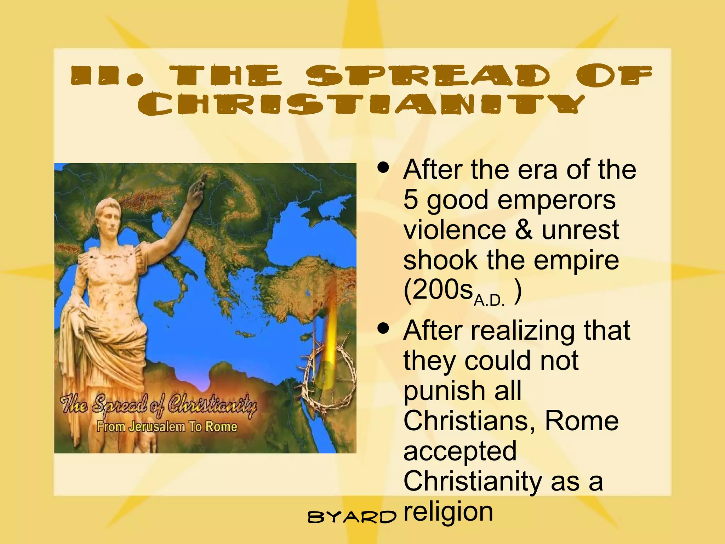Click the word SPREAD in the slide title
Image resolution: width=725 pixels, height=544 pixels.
428,75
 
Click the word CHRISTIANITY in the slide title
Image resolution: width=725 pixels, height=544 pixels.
361,104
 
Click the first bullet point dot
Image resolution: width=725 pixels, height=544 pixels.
383,167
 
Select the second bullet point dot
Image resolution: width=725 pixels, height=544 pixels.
383,328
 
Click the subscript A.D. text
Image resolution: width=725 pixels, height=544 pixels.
489,301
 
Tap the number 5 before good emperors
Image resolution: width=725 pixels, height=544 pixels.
411,199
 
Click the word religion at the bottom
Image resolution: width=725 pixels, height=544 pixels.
448,512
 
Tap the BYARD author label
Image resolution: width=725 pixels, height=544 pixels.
352,517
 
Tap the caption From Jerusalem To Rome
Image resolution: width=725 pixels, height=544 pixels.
167,426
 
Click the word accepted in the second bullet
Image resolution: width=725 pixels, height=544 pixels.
460,451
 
